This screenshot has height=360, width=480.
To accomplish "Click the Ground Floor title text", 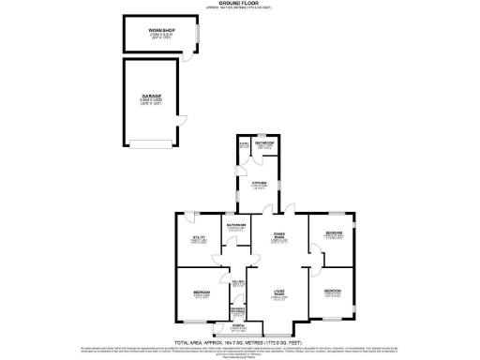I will coord(239,4).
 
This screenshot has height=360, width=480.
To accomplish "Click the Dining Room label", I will coord(278,237).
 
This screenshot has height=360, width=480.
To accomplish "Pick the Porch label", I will coord(238,328).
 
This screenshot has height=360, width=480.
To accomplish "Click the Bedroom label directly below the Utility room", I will coord(201,295).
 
